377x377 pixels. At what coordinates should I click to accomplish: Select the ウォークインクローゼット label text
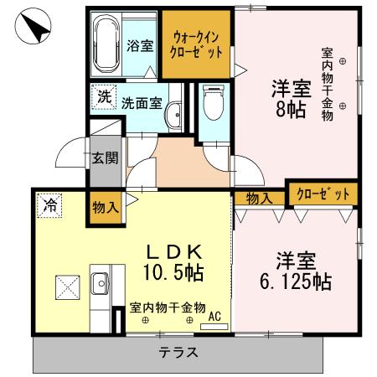[198, 44]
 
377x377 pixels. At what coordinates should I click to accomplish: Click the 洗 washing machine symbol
[104, 96]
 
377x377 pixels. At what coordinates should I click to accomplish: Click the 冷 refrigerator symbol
[50, 204]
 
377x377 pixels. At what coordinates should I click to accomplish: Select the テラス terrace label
[178, 354]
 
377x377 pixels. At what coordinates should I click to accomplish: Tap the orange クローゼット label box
[323, 194]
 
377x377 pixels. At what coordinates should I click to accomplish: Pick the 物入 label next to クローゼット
[259, 198]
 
